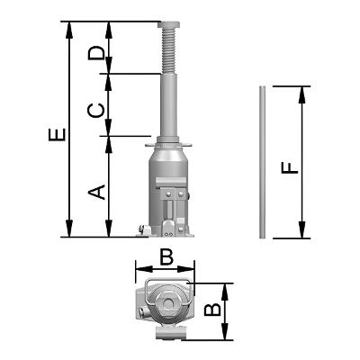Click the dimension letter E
[x=57, y=134]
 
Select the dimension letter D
[x=96, y=53]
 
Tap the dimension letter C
[x=96, y=111]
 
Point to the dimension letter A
[x=96, y=192]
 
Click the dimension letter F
[x=290, y=167]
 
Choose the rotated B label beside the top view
[x=212, y=310]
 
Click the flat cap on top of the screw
[x=170, y=24]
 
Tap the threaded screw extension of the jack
[x=169, y=50]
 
